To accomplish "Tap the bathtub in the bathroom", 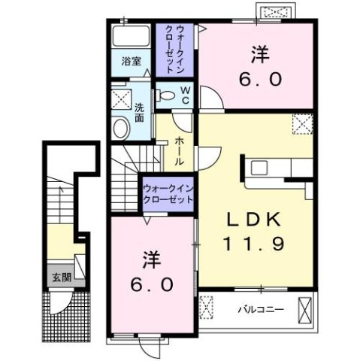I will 132,38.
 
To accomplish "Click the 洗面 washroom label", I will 140,112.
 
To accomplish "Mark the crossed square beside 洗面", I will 119,99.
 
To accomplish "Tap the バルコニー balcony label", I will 256,309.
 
